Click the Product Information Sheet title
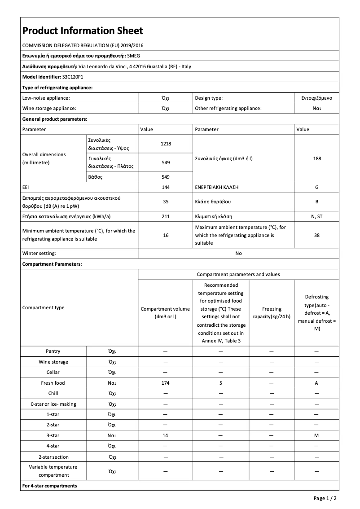click(83, 31)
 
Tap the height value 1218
click(166, 144)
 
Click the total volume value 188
click(317, 158)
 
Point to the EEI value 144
click(166, 186)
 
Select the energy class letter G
click(317, 186)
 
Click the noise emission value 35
click(166, 202)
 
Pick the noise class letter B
click(317, 202)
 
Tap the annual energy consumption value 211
click(166, 216)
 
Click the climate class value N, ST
click(317, 216)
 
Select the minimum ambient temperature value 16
click(166, 235)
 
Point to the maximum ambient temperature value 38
click(317, 235)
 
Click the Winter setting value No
click(238, 253)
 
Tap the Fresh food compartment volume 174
click(165, 383)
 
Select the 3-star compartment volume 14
click(165, 435)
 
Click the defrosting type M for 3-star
click(316, 435)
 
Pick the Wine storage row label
click(53, 362)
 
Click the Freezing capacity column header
click(272, 312)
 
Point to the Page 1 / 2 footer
click(325, 498)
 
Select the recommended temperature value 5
click(221, 383)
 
